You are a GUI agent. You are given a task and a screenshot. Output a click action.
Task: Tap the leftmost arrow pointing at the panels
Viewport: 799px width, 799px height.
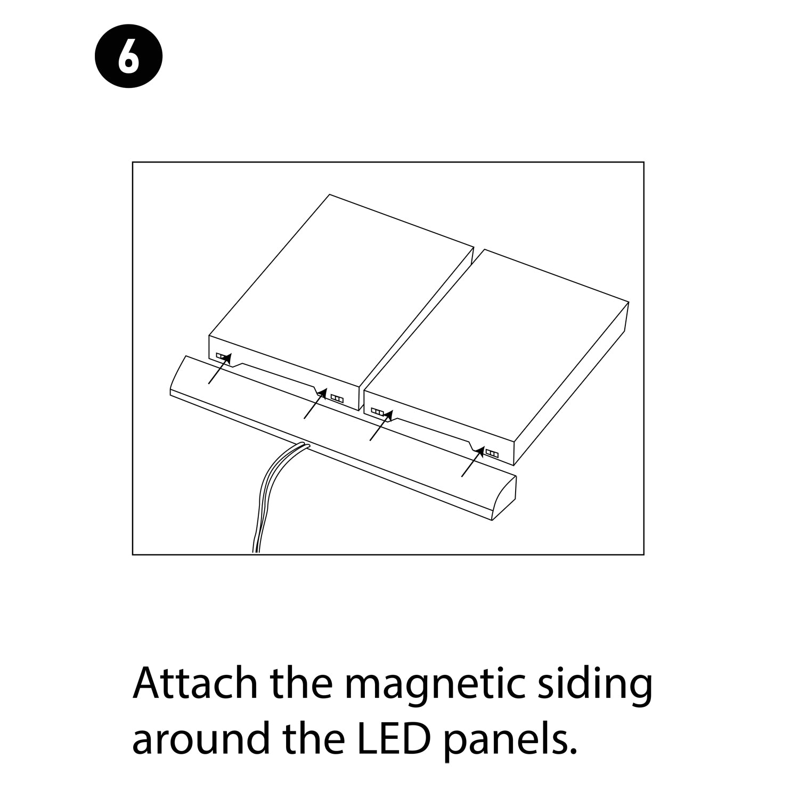pos(219,368)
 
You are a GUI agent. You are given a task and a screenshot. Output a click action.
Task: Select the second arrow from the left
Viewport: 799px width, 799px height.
pos(316,403)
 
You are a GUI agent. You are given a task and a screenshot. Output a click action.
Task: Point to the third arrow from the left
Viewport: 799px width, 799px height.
pos(381,425)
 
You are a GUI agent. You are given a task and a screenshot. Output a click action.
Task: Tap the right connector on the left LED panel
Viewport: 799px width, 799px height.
pos(337,397)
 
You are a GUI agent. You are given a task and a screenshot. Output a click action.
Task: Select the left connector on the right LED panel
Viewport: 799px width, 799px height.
pos(377,411)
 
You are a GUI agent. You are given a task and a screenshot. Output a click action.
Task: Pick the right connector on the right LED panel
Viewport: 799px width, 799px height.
pos(492,454)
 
